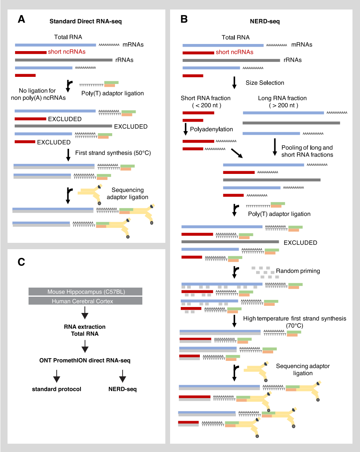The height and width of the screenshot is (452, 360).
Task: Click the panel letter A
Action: coord(22,19)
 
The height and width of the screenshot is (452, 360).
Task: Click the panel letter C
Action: coord(23,262)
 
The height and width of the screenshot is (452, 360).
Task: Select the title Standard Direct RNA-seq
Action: coord(85,21)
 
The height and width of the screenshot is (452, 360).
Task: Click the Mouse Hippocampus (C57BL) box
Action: coord(85,292)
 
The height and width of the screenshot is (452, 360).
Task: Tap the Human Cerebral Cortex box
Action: coord(85,301)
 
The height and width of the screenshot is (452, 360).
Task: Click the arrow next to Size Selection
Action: coord(234,82)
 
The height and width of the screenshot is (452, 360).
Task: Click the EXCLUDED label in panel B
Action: coord(301,242)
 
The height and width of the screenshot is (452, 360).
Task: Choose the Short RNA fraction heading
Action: coord(205,98)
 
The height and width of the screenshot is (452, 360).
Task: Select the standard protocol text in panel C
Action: coord(56,389)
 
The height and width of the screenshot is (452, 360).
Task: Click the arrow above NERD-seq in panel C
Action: coord(123,375)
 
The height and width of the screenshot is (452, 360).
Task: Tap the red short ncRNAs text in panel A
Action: coord(67,52)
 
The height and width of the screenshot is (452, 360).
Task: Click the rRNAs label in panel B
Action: coord(293,60)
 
